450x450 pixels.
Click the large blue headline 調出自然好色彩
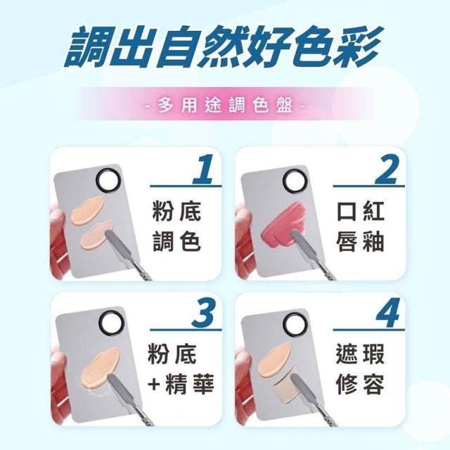[223, 46]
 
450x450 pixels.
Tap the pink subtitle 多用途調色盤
[225, 106]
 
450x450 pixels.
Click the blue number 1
[204, 169]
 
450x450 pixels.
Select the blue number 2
[387, 169]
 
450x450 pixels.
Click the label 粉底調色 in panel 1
[176, 226]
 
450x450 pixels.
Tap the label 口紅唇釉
[360, 226]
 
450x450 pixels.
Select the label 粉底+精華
[181, 370]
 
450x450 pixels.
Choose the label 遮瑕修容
[360, 370]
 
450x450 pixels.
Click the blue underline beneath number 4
[368, 330]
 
